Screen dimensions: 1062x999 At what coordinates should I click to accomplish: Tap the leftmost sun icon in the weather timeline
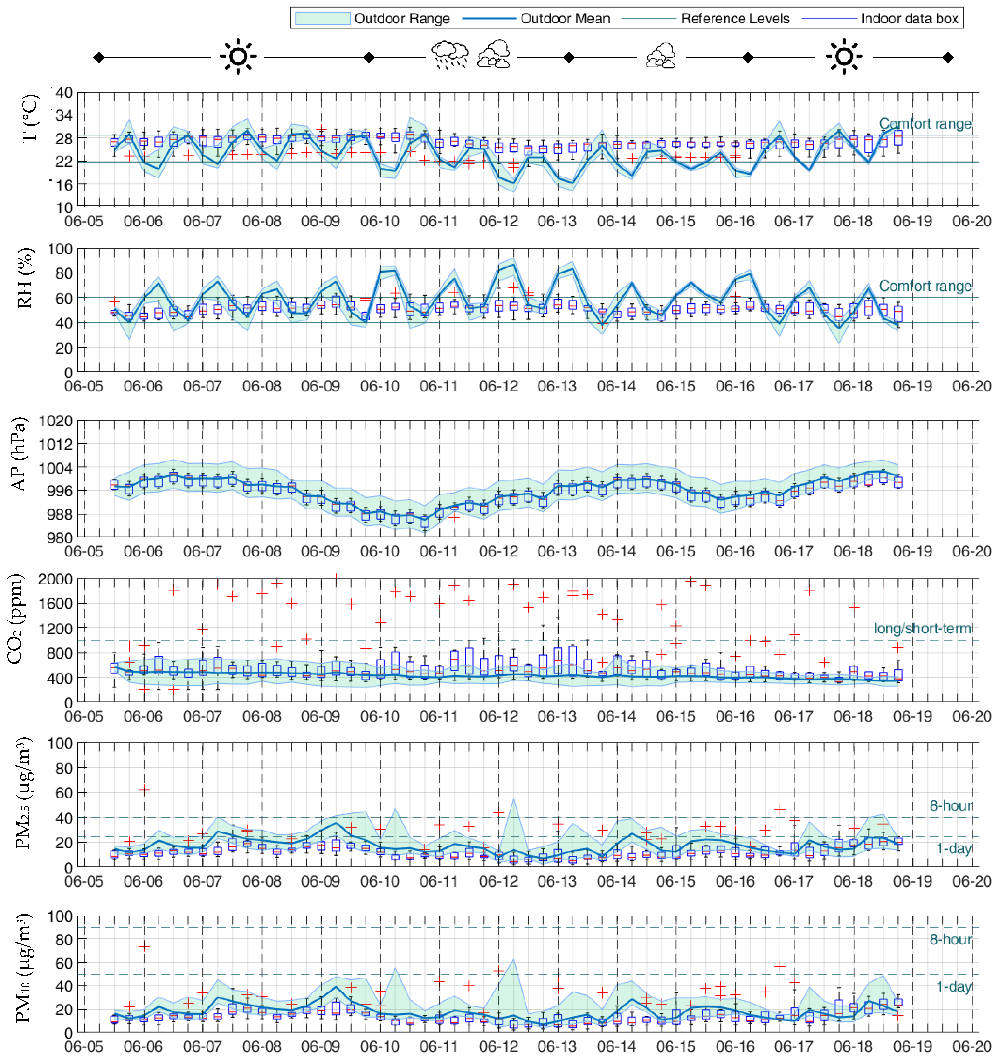point(238,56)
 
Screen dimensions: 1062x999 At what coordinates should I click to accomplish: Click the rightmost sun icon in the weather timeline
point(843,56)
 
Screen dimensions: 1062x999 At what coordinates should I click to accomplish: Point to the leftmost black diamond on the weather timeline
point(98,57)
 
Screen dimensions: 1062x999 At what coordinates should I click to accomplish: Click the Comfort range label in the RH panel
point(925,286)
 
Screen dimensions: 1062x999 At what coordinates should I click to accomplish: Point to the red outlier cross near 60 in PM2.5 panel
point(144,789)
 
